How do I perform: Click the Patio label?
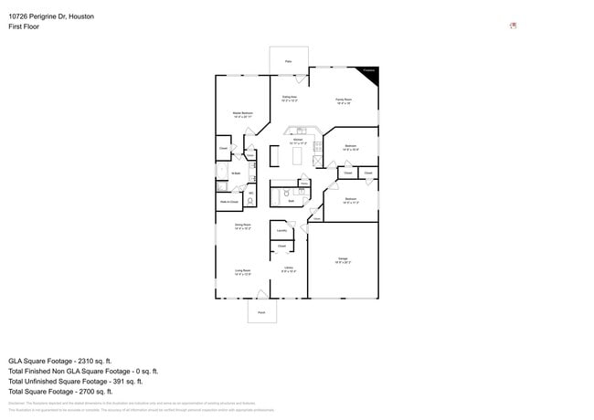point(288,62)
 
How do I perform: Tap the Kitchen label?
point(298,140)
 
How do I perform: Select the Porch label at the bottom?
point(261,311)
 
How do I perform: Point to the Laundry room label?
point(281,231)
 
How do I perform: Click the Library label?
point(288,268)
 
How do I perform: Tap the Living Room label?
point(243,270)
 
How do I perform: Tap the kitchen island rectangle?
point(296,157)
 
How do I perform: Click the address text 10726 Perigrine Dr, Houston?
point(51,16)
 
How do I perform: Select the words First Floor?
point(24,26)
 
